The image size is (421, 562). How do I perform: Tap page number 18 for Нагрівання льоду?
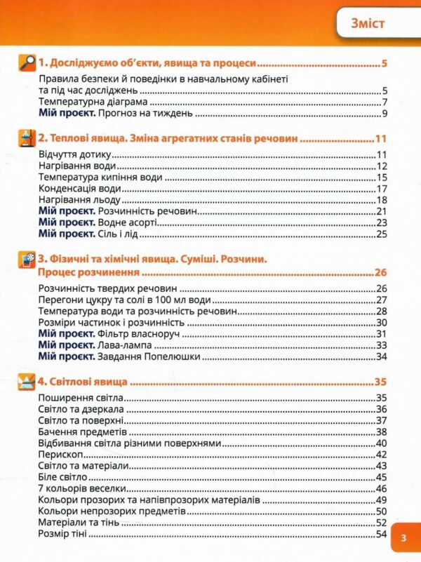coord(382,200)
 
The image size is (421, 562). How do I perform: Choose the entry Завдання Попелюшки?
coord(150,357)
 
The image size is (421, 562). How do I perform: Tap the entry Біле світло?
coord(64,477)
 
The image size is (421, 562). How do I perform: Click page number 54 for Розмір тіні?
coord(382,534)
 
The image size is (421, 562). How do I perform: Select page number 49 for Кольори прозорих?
coord(382,500)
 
